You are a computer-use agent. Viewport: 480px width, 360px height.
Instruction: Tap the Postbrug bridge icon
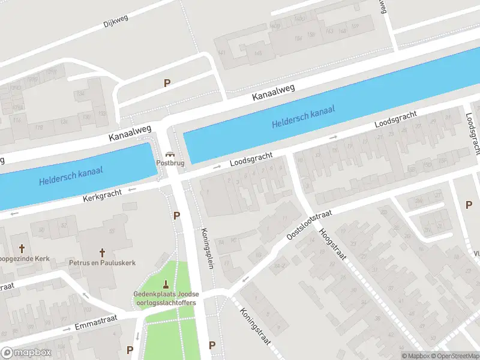(x=170, y=154)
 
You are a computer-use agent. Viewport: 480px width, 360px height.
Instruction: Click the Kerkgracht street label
(x=104, y=195)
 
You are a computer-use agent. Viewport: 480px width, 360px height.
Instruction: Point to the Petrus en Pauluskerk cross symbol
(x=102, y=253)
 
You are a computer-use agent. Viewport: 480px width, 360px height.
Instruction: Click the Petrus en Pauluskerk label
(x=102, y=263)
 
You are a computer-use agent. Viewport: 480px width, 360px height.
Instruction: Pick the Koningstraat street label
(x=254, y=327)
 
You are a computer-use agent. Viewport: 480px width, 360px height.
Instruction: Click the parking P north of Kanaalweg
(x=167, y=83)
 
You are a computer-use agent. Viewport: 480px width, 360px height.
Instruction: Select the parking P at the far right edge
(x=469, y=205)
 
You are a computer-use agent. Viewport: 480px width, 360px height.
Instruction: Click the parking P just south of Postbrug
(x=176, y=215)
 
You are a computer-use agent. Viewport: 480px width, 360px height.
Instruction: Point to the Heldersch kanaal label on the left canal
(x=71, y=175)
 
